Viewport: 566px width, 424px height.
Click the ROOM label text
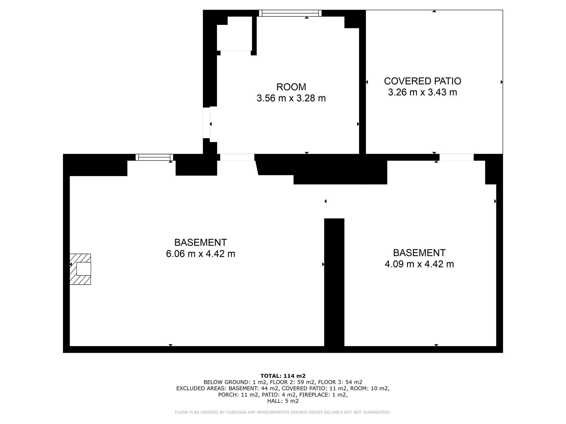point(291,87)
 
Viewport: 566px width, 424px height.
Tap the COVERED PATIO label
point(423,81)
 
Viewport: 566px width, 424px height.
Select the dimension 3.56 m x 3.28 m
point(291,98)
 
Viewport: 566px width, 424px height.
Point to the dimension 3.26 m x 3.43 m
point(423,92)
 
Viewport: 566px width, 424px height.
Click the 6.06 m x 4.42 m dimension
point(201,254)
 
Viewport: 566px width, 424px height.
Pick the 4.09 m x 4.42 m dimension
point(419,264)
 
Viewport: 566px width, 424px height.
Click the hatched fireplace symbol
point(80,269)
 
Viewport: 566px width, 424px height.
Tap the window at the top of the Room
point(290,13)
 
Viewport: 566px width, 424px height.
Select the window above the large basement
point(154,157)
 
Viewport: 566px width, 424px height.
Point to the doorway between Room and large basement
point(237,157)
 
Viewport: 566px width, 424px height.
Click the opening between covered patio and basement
point(456,157)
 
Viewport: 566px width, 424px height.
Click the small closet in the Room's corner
point(235,34)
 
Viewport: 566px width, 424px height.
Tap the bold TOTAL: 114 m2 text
point(283,376)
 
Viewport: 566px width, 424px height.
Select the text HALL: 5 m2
point(283,401)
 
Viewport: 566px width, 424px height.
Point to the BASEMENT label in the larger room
point(201,243)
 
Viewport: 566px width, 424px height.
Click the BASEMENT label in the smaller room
point(419,253)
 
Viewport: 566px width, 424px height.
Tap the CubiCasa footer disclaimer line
point(283,412)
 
